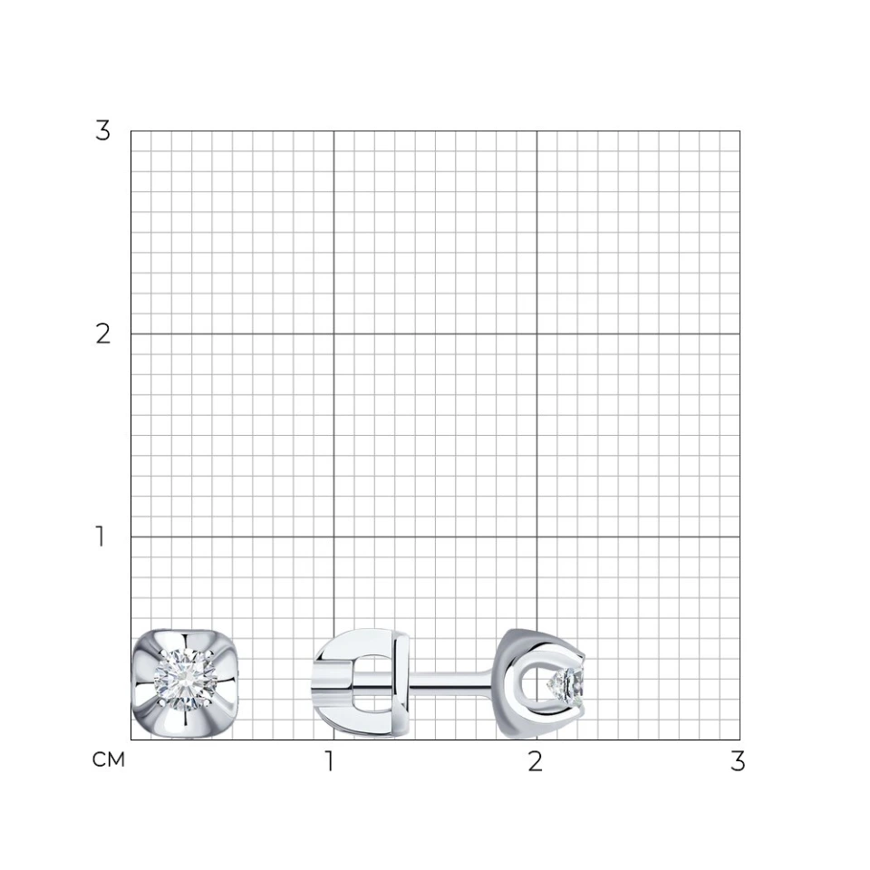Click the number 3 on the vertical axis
tap(102, 130)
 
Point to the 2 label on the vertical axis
tap(102, 334)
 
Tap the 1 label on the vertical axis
tap(101, 536)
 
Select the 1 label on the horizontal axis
tap(330, 761)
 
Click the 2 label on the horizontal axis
tap(535, 761)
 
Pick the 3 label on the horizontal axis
tap(738, 761)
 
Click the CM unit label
tap(109, 759)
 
